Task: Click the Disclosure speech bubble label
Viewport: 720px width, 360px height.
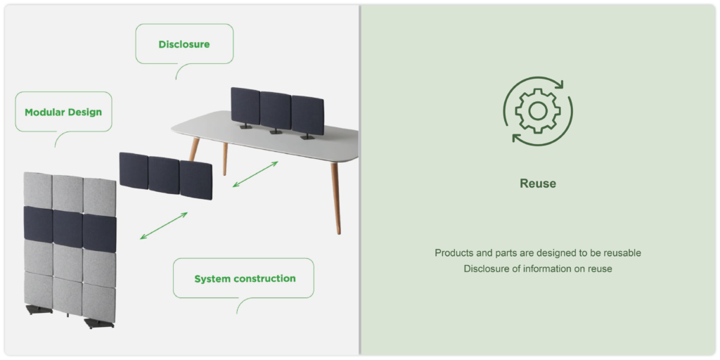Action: tap(184, 44)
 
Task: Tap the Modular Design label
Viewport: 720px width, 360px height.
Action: tap(63, 112)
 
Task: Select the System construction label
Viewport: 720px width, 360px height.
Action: tap(245, 278)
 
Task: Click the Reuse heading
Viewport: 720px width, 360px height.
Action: tap(538, 184)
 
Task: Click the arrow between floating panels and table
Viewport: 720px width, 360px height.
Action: tap(255, 174)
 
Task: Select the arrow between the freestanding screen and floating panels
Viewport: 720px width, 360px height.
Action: tap(164, 226)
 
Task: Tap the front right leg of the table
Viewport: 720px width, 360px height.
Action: tap(335, 198)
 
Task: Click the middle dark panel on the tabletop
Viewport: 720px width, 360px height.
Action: tap(276, 110)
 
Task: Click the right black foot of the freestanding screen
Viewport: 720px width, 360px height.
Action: tap(99, 323)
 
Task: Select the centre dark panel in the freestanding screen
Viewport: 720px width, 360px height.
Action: tap(68, 229)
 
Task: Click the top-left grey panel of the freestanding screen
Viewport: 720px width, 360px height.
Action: tap(38, 190)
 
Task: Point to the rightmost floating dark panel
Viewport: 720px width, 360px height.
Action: tap(196, 180)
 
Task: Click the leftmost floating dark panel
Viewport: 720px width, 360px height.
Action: tap(134, 171)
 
